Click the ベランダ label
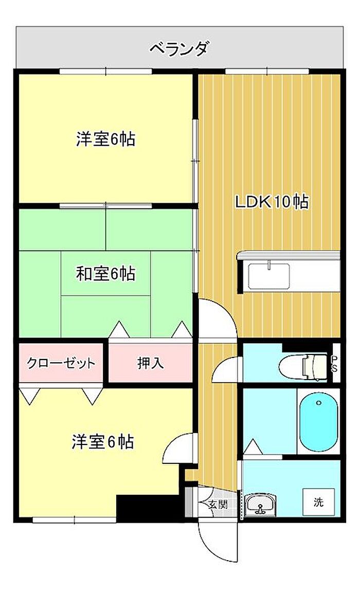click(178, 49)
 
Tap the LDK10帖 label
click(272, 202)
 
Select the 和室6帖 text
click(105, 274)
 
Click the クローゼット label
click(61, 363)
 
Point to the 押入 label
click(150, 363)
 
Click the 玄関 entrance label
click(218, 504)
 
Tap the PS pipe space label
click(334, 363)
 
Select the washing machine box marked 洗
click(319, 502)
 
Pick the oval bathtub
click(319, 421)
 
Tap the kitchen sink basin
click(269, 276)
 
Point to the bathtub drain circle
click(319, 403)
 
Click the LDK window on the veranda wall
click(267, 71)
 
